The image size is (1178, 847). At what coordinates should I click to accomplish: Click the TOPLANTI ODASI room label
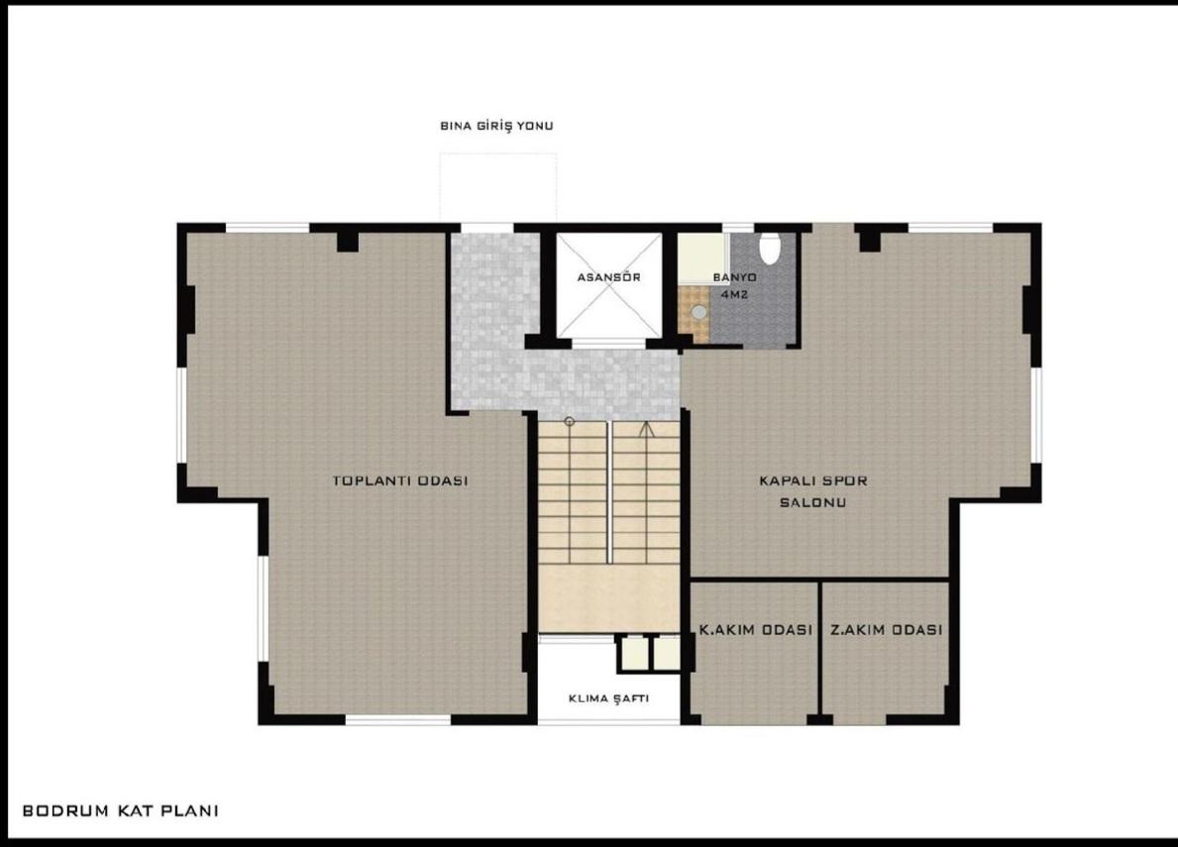pos(399,480)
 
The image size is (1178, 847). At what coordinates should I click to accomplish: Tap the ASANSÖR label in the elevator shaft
pos(608,277)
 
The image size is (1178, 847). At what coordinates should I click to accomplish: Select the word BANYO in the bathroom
pos(734,277)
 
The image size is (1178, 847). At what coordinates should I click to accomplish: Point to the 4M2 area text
pos(734,295)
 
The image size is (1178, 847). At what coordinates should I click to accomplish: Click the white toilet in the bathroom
pos(770,247)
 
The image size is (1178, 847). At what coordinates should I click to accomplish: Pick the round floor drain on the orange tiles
pos(700,311)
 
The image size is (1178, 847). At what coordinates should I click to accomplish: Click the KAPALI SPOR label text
pos(812,480)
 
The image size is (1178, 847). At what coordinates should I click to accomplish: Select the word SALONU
pos(811,502)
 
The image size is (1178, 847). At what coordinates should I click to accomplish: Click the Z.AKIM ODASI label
pos(886,629)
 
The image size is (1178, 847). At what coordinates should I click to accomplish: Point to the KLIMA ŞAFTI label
pos(608,697)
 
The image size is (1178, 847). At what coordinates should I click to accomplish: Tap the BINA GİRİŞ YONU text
pos(496,126)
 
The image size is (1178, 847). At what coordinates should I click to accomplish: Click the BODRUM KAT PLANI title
pos(120,810)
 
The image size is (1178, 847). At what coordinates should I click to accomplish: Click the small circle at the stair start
pos(570,423)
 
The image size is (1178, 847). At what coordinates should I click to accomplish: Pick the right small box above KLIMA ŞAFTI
pos(666,653)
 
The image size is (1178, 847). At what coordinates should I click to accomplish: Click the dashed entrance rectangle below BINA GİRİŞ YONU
pos(498,187)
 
